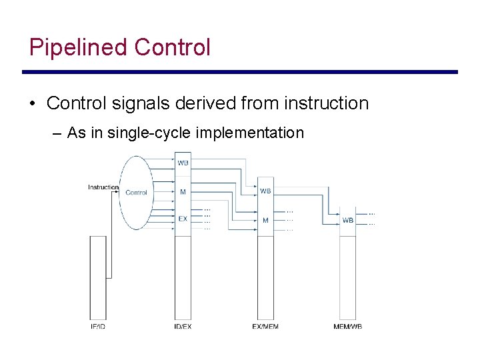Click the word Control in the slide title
click(x=172, y=47)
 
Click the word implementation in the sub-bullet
click(x=250, y=133)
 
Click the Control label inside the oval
click(x=136, y=193)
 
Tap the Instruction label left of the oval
click(x=103, y=187)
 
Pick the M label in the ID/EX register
click(x=183, y=192)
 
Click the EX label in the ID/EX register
click(x=183, y=219)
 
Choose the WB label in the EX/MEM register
click(x=265, y=191)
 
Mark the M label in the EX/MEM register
click(x=265, y=220)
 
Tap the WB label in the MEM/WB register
click(x=348, y=220)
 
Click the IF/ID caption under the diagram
click(x=97, y=326)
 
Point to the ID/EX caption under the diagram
click(x=183, y=326)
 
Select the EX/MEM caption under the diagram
click(x=265, y=326)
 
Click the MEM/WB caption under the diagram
click(x=348, y=326)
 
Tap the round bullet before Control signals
click(x=32, y=104)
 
